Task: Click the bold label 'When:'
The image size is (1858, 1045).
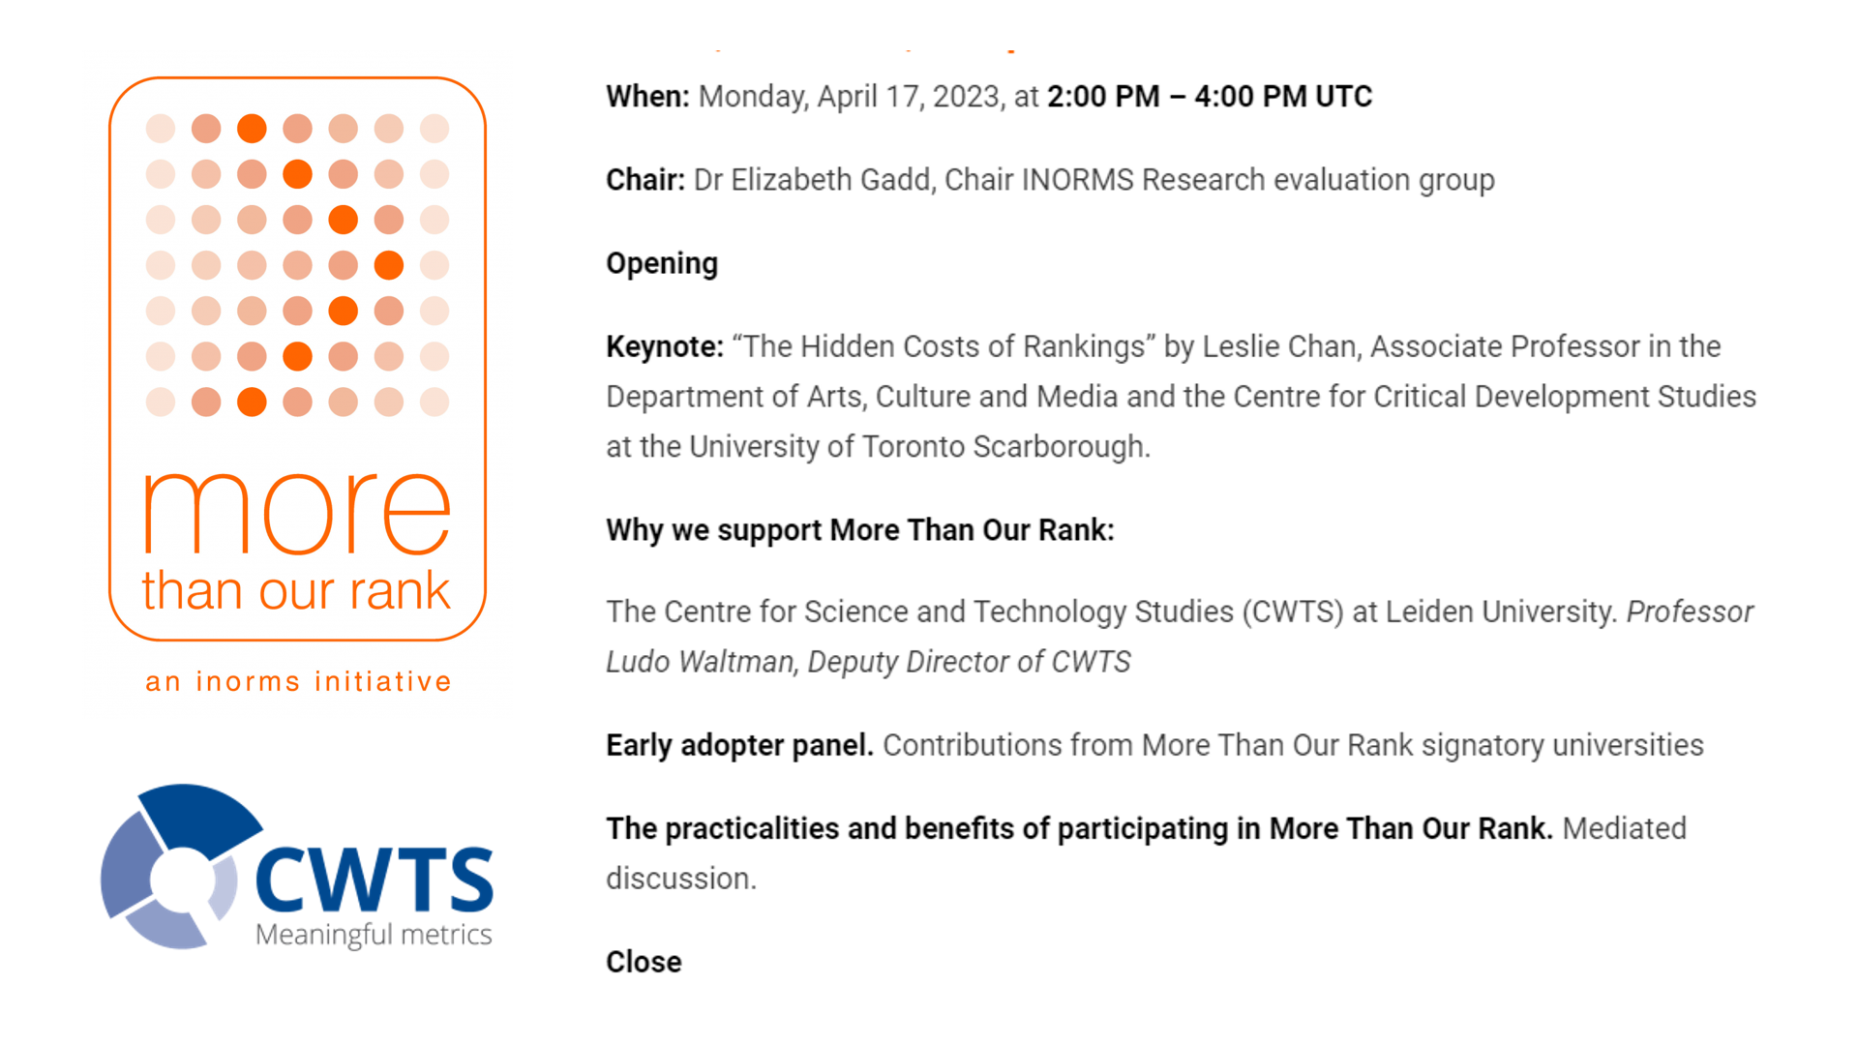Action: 647,97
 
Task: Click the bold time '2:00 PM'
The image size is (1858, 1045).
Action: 1103,97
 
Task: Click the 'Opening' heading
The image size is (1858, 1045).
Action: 662,264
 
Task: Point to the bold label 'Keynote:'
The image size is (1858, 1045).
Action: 665,346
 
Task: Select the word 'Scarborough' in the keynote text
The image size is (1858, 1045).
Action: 1062,447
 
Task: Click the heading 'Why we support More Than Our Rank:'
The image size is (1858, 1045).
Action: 860,530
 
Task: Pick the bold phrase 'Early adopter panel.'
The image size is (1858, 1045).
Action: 740,746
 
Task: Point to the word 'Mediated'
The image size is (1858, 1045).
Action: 1624,829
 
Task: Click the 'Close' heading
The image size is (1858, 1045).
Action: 644,962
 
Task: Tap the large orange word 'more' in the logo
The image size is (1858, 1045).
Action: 297,513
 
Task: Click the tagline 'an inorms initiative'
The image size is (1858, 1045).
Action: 298,681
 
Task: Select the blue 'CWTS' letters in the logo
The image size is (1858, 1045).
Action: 375,880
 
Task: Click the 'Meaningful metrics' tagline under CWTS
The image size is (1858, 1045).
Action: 374,935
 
